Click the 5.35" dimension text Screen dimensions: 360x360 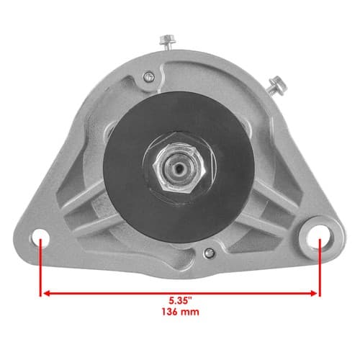(x=181, y=300)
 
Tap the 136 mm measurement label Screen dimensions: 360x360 (x=180, y=312)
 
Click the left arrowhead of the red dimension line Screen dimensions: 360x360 (x=47, y=293)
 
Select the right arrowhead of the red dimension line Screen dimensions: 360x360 (x=314, y=293)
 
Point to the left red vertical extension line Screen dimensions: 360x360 (x=40, y=267)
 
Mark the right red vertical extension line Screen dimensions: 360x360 (x=320, y=267)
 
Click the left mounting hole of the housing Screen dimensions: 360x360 (x=40, y=238)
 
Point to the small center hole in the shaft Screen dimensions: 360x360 (x=179, y=168)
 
